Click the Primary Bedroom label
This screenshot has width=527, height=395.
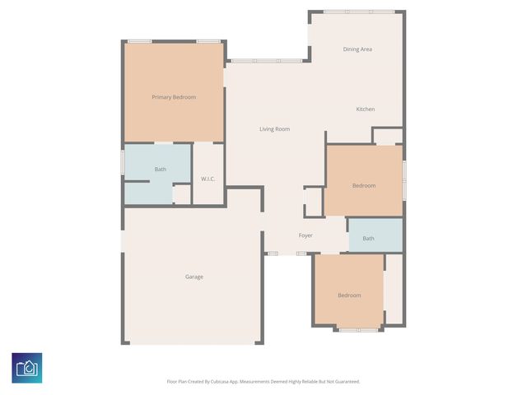pyautogui.click(x=174, y=97)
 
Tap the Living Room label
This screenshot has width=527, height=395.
pyautogui.click(x=274, y=129)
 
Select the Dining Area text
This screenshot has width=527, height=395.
pyautogui.click(x=357, y=49)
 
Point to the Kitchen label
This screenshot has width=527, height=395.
pyautogui.click(x=365, y=109)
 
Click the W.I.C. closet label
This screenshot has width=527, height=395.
pyautogui.click(x=208, y=179)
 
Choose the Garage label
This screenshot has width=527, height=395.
pyautogui.click(x=194, y=276)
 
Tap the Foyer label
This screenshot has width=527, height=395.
pyautogui.click(x=305, y=235)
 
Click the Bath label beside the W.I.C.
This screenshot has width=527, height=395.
pyautogui.click(x=161, y=170)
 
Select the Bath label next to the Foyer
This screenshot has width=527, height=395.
pyautogui.click(x=368, y=239)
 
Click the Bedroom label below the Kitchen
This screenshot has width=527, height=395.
pyautogui.click(x=364, y=186)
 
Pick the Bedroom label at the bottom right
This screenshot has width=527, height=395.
pyautogui.click(x=349, y=295)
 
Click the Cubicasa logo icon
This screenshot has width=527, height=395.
pyautogui.click(x=26, y=367)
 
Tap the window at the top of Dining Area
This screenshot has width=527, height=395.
pyautogui.click(x=358, y=12)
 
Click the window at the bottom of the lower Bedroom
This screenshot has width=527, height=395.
pyautogui.click(x=358, y=330)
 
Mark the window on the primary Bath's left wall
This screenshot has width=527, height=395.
pyautogui.click(x=124, y=161)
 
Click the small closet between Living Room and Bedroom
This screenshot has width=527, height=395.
pyautogui.click(x=314, y=202)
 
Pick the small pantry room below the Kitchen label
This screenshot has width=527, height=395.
pyautogui.click(x=388, y=137)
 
